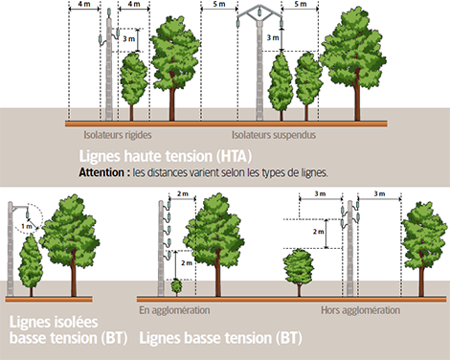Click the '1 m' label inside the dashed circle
27,226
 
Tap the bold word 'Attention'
101,172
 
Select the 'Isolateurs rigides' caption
118,135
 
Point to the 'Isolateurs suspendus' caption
274,135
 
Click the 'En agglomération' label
174,310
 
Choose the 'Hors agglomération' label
360,310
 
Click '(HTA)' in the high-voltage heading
234,156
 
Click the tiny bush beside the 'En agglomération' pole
176,287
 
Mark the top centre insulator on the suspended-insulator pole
259,12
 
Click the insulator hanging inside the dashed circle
28,212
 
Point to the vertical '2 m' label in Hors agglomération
318,232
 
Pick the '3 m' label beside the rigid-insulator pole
129,39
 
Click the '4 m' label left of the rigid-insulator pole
83,4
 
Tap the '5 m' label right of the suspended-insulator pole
301,4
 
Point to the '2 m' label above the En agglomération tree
183,193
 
